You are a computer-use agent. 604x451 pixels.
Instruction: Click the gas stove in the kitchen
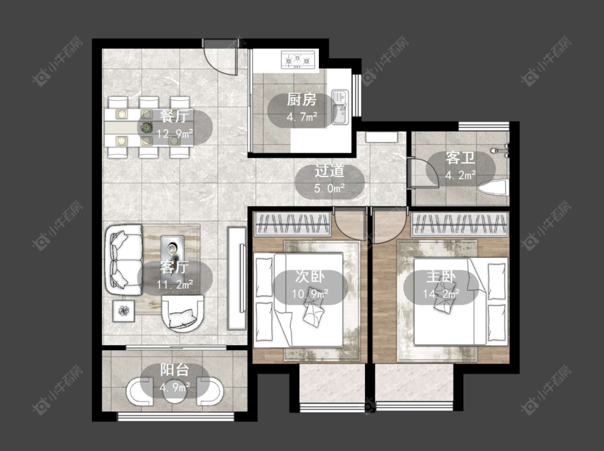coord(298,60)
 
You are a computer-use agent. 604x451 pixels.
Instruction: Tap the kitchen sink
coord(340,107)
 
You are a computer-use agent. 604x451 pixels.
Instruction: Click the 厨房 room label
coord(302,100)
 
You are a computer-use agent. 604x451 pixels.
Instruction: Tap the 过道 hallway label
coord(329,171)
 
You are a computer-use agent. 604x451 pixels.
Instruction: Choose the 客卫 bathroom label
coord(460,158)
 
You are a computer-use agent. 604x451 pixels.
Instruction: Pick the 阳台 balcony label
coord(174,370)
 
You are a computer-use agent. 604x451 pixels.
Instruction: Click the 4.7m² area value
coord(302,116)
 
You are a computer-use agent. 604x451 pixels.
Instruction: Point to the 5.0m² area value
coord(329,188)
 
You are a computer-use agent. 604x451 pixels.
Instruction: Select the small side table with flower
coord(123,311)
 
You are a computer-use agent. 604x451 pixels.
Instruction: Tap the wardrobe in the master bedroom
coord(460,224)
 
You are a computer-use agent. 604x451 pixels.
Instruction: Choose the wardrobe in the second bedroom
coord(293,224)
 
